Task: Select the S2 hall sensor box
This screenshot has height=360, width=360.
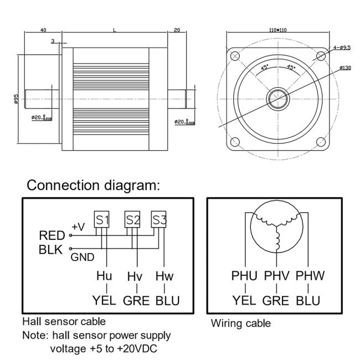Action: click(132, 219)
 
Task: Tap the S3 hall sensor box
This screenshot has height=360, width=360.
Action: click(160, 219)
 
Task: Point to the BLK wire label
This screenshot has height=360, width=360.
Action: click(52, 250)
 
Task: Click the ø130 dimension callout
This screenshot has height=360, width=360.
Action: click(344, 68)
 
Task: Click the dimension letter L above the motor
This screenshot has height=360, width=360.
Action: click(115, 30)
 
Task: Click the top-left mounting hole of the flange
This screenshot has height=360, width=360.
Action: click(235, 56)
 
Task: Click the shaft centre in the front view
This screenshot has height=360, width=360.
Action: click(277, 99)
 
